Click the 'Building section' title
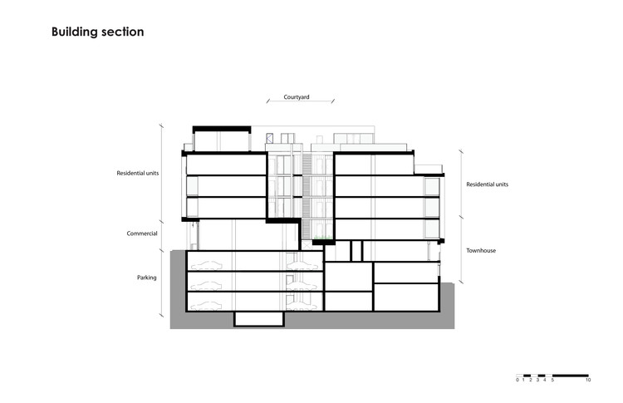tap(97, 32)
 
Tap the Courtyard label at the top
tap(297, 96)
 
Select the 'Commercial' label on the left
tap(142, 233)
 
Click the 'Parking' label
tap(148, 278)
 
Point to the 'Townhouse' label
tap(481, 250)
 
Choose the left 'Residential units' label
tap(138, 174)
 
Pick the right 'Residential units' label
tap(488, 184)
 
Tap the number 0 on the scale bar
tap(517, 381)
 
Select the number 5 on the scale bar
tap(552, 381)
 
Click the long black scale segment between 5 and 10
tap(570, 375)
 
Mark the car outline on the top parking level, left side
tap(206, 264)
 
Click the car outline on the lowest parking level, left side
tap(206, 306)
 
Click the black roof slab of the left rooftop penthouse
tap(221, 128)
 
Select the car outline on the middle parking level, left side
tap(206, 285)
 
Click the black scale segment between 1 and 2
tap(527, 375)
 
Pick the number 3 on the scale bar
tap(537, 381)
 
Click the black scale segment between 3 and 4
tap(541, 375)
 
